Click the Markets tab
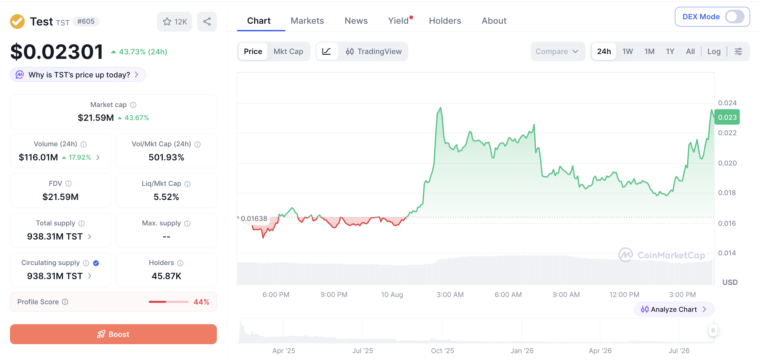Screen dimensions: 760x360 point(307,21)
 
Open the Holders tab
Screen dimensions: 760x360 point(445,21)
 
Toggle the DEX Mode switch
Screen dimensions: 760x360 point(735,17)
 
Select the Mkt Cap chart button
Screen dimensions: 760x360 point(288,51)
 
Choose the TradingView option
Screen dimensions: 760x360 point(373,51)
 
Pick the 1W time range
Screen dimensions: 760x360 point(627,51)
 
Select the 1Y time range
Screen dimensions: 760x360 point(670,51)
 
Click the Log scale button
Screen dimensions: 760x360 point(714,51)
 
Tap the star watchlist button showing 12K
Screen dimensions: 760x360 point(175,22)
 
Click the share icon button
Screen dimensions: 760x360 point(207,22)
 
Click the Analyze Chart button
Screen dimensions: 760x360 point(674,309)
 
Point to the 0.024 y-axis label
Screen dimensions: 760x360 point(727,103)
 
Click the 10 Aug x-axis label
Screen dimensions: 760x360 point(392,295)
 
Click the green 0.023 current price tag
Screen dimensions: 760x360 point(727,117)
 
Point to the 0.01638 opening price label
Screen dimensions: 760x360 point(254,219)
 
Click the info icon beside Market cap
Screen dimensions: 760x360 point(133,105)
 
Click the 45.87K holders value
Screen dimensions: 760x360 point(166,276)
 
